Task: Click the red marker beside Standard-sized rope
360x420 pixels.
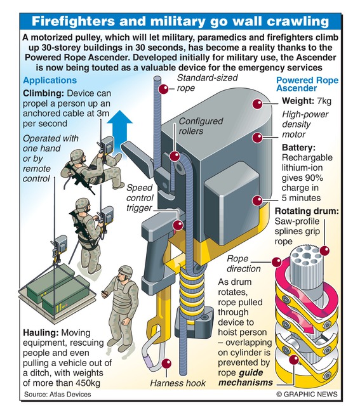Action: pyautogui.click(x=163, y=89)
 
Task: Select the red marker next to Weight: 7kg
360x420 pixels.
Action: pyautogui.click(x=258, y=104)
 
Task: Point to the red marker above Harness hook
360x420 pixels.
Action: pyautogui.click(x=167, y=364)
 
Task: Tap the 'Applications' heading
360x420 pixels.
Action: pyautogui.click(x=50, y=81)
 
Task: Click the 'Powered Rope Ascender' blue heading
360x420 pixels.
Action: pyautogui.click(x=307, y=84)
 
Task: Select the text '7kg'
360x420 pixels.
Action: pyautogui.click(x=324, y=101)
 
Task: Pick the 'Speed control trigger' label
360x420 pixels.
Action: pyautogui.click(x=140, y=198)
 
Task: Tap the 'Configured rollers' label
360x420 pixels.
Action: pyautogui.click(x=201, y=126)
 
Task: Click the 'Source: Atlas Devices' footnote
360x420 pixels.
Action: pyautogui.click(x=57, y=394)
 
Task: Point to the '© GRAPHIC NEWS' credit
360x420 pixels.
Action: pyautogui.click(x=307, y=394)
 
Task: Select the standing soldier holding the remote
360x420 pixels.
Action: pyautogui.click(x=121, y=308)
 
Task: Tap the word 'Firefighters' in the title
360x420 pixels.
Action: pyautogui.click(x=73, y=22)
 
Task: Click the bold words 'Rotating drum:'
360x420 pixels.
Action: pyautogui.click(x=307, y=211)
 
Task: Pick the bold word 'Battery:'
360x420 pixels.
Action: pyautogui.click(x=298, y=148)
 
